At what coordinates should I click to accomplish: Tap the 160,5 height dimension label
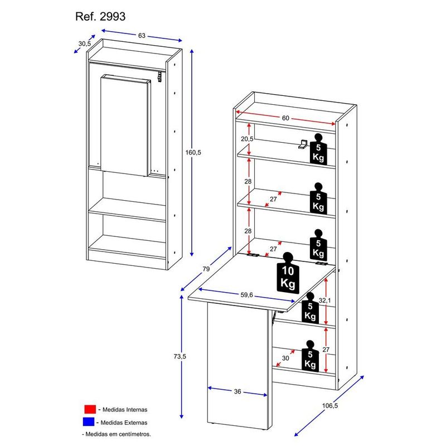[193, 152]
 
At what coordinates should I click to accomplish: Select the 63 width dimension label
[142, 36]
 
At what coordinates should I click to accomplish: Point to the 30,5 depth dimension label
[85, 43]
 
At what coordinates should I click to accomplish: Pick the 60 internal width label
[285, 118]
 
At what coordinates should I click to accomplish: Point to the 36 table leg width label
[237, 392]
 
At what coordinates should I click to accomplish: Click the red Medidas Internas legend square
[90, 409]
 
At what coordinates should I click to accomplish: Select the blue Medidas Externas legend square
[90, 421]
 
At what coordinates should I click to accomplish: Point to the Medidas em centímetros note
[117, 434]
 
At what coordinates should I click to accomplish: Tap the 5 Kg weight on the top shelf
[318, 149]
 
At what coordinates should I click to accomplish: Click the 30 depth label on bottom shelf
[285, 358]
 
